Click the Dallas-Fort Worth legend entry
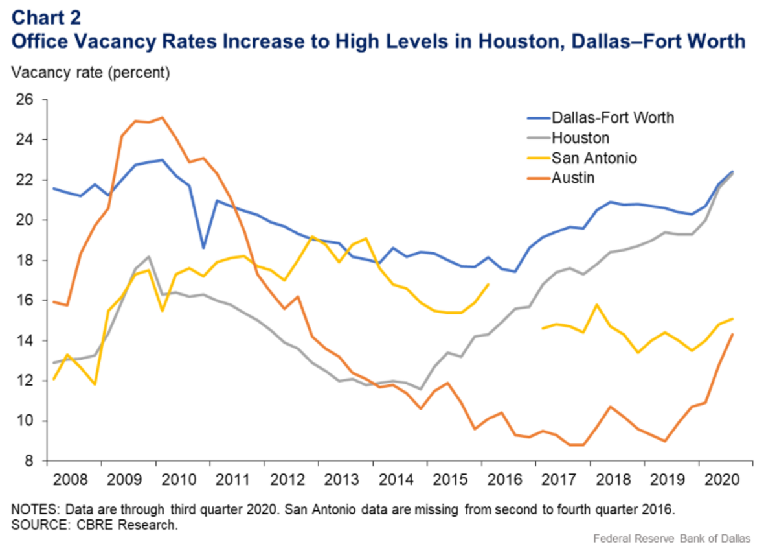click(612, 117)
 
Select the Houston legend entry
click(580, 137)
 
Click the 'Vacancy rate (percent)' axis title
click(91, 73)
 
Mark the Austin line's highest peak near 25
click(162, 117)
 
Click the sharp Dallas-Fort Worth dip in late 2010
click(203, 248)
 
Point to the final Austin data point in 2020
click(732, 335)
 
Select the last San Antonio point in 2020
click(732, 318)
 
